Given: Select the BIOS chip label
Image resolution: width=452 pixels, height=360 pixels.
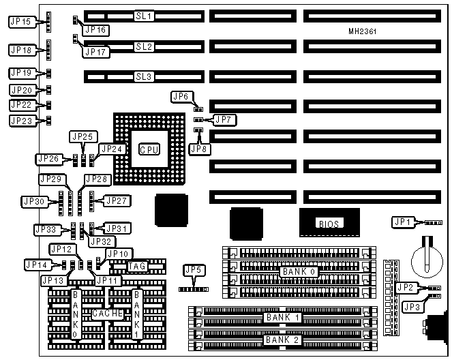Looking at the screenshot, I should (x=329, y=223).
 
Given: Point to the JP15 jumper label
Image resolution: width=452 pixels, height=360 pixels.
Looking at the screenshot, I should (x=21, y=22).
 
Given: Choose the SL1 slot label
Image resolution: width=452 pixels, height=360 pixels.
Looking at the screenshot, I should (x=145, y=14).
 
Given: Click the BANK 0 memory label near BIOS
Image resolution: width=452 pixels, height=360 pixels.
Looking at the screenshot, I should (x=298, y=271).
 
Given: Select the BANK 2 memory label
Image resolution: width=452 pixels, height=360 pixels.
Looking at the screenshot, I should (x=281, y=340).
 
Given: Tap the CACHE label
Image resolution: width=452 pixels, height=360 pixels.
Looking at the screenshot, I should (x=107, y=313).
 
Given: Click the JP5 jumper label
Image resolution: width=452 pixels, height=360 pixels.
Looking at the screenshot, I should (x=194, y=270).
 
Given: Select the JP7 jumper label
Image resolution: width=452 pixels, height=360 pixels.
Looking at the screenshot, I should (x=224, y=120).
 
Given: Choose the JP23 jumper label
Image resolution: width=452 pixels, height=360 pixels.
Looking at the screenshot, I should (x=21, y=121).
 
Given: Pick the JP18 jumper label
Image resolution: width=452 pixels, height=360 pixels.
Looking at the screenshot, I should (x=21, y=50).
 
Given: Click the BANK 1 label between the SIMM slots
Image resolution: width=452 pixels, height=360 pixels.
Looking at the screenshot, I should (x=281, y=318).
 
